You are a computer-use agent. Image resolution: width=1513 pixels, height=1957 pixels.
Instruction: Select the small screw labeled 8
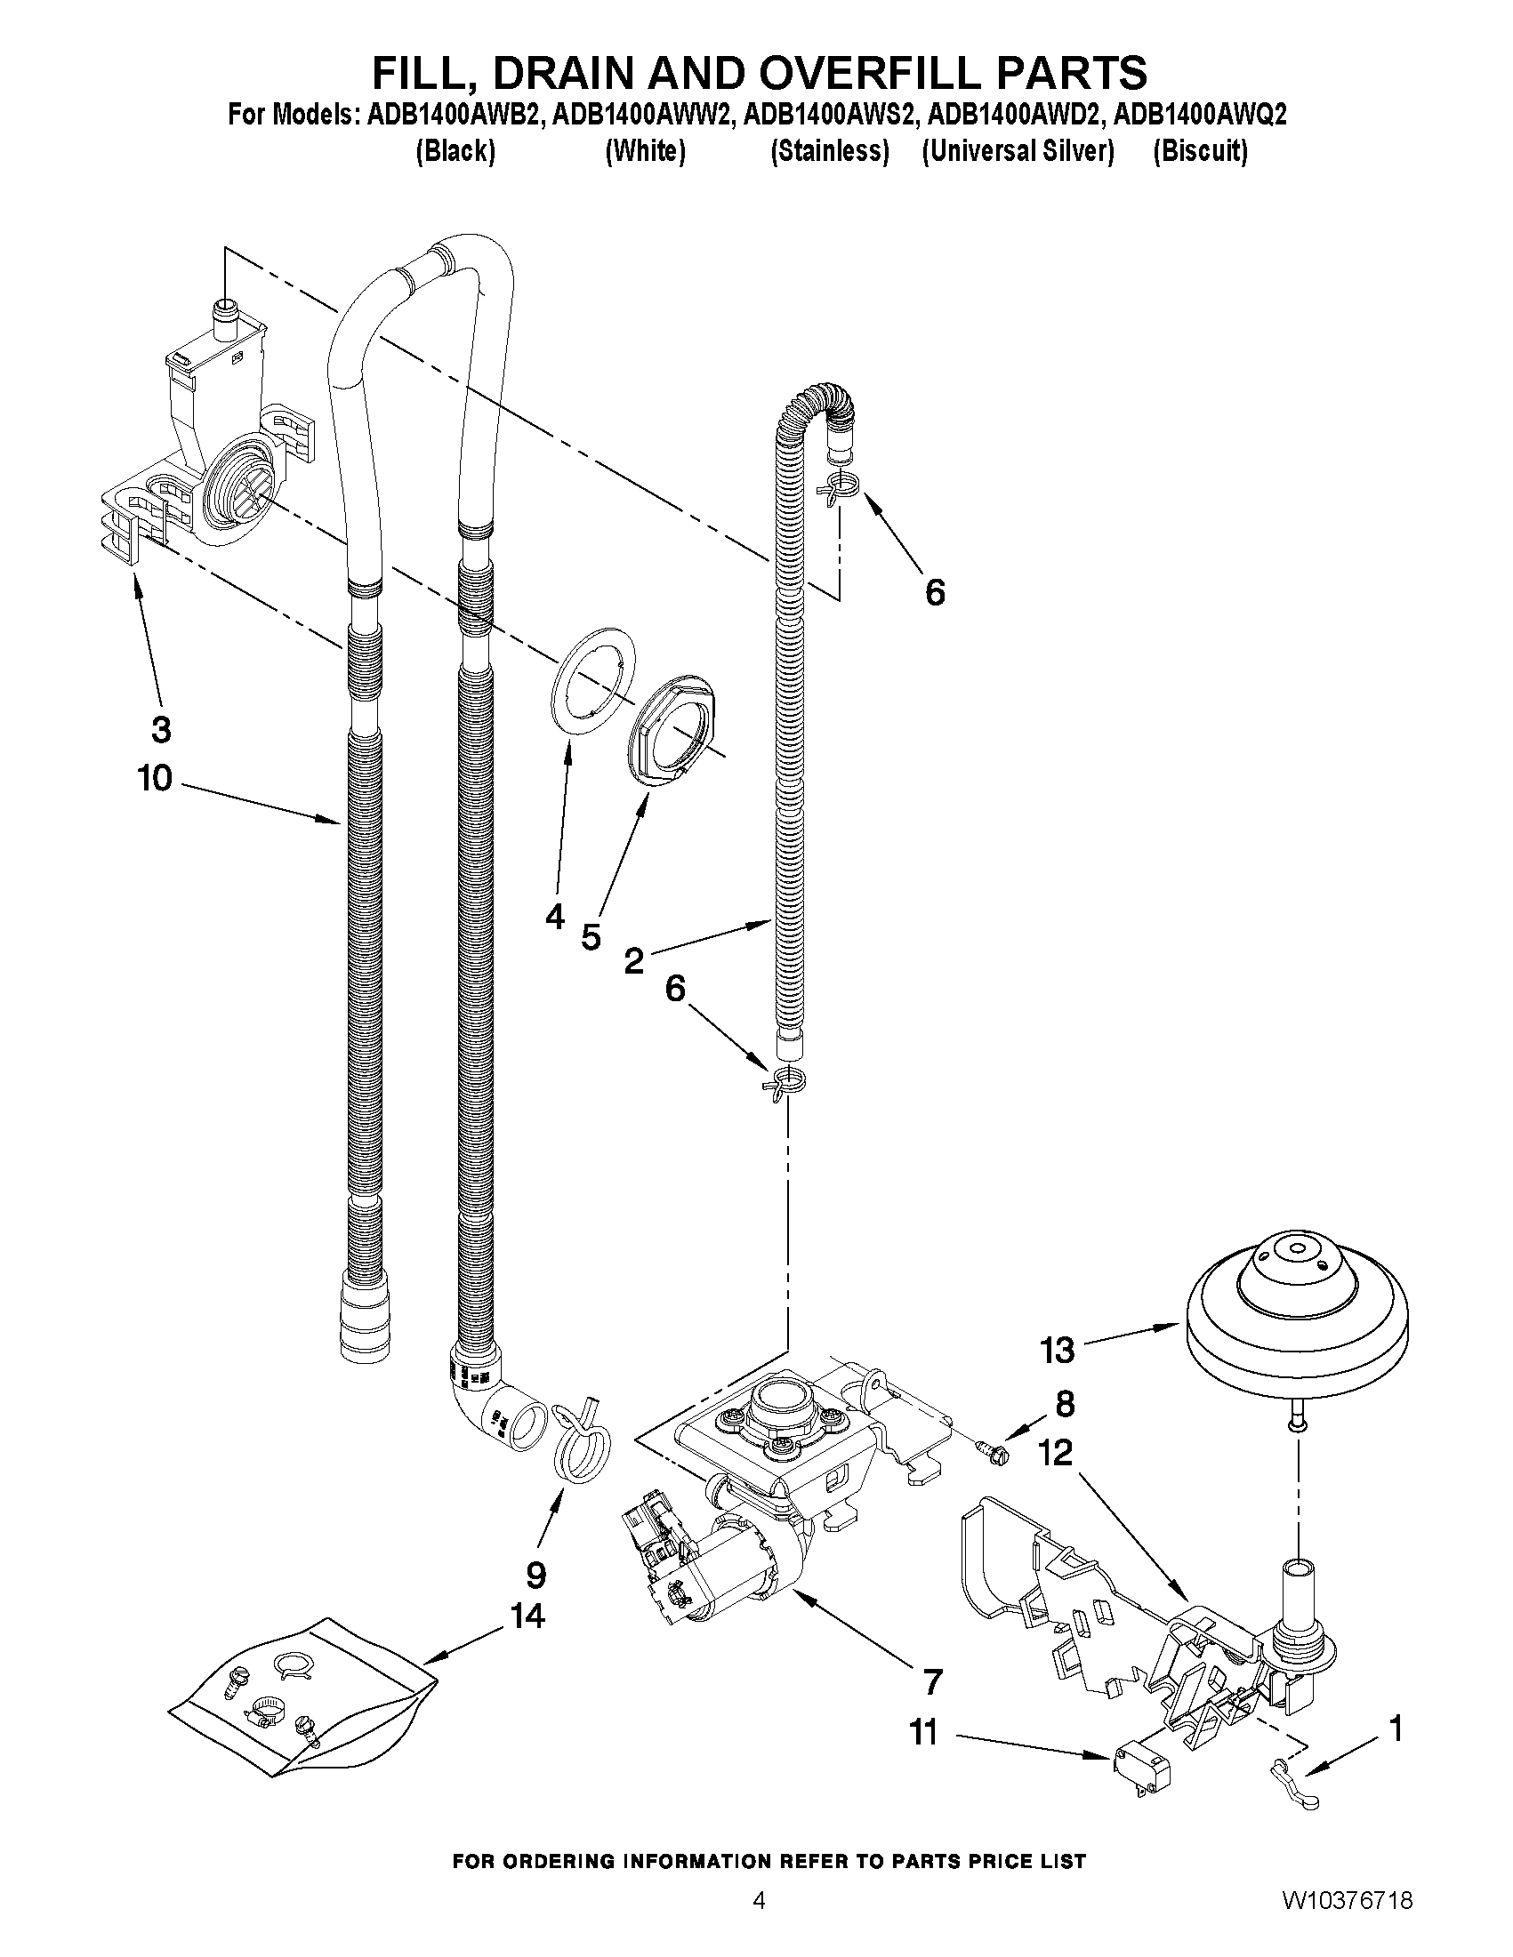[994, 1448]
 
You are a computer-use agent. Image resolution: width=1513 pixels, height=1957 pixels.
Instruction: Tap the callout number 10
[154, 777]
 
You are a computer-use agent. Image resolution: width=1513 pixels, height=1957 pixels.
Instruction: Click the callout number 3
[160, 730]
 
